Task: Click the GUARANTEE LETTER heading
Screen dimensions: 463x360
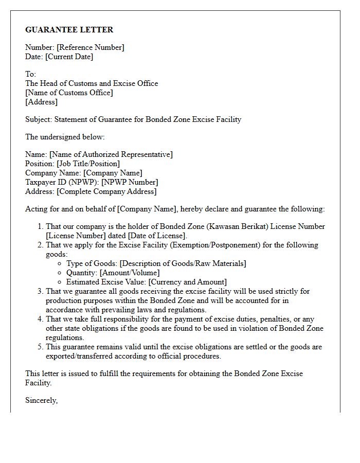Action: (69, 30)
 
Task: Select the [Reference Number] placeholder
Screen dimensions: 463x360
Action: (91, 47)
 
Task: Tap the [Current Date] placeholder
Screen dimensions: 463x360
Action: (69, 57)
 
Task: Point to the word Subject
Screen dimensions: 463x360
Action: (39, 119)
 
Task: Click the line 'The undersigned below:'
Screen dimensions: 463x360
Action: (65, 137)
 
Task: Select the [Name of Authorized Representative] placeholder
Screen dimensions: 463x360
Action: (111, 154)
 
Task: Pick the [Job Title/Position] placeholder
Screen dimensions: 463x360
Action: (88, 164)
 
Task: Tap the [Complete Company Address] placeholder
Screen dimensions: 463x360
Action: (106, 191)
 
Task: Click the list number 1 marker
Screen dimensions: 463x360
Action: (41, 226)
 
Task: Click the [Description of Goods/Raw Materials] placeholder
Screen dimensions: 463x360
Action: (183, 263)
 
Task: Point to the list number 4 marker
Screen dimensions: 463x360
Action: (41, 319)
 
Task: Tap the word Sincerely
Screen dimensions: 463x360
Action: (41, 400)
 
